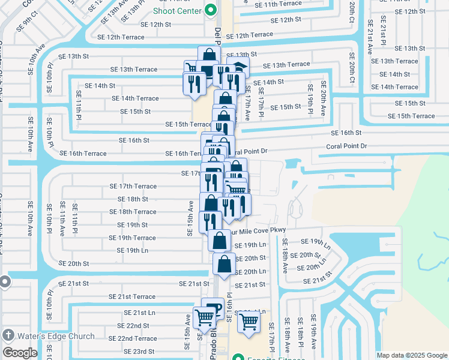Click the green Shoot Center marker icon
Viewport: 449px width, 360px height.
pyautogui.click(x=211, y=10)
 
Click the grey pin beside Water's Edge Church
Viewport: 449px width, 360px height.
pyautogui.click(x=8, y=335)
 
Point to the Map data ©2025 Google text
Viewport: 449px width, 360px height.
pyautogui.click(x=411, y=355)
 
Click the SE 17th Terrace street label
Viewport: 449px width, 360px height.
pyautogui.click(x=133, y=187)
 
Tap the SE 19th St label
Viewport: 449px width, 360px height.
pyautogui.click(x=133, y=225)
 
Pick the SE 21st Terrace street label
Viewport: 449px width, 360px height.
pyautogui.click(x=132, y=296)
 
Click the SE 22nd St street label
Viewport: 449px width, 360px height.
pyautogui.click(x=133, y=326)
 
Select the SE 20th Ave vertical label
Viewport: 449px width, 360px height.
pyautogui.click(x=323, y=98)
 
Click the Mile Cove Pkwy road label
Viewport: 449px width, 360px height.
pyautogui.click(x=260, y=230)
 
